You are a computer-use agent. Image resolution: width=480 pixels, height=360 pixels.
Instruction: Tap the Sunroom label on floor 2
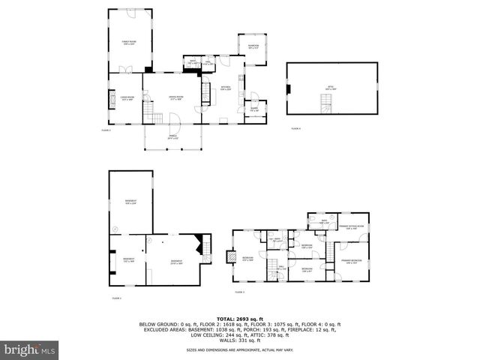(253, 47)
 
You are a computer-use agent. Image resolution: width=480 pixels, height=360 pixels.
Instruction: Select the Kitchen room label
(225, 88)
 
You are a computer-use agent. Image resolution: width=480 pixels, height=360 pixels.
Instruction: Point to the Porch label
(173, 137)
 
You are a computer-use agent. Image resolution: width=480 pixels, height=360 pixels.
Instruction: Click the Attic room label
(330, 88)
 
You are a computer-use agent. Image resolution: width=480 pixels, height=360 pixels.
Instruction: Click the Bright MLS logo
(30, 350)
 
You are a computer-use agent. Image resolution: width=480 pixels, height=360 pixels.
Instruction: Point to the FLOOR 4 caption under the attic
(296, 129)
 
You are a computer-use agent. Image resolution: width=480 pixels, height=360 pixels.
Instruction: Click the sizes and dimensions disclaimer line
(240, 350)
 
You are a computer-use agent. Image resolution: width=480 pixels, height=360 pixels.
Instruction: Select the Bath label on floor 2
(193, 63)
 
